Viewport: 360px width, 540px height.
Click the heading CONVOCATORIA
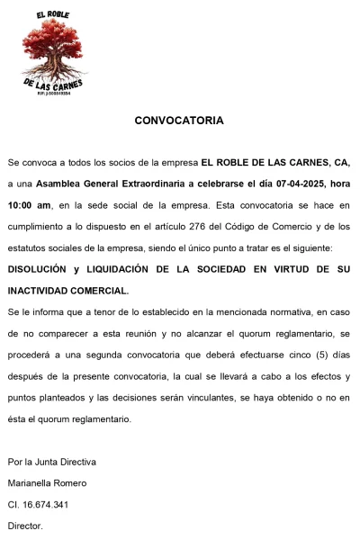(x=179, y=120)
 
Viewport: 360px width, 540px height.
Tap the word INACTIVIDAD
(x=40, y=291)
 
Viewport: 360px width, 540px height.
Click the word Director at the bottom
(x=25, y=526)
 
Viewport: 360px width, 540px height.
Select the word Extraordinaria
(x=139, y=183)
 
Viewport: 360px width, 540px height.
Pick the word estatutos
(x=29, y=247)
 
